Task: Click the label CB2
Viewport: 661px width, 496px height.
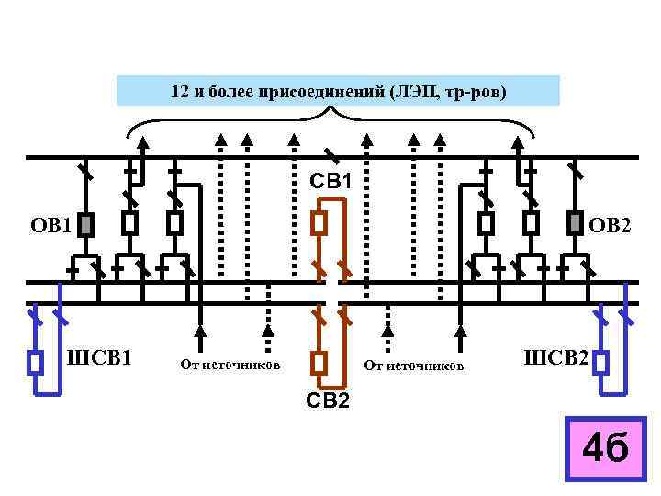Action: point(328,400)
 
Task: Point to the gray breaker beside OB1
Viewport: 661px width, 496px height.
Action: point(85,224)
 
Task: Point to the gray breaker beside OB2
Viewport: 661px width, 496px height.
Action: point(575,223)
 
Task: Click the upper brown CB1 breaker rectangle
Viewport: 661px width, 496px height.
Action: point(318,223)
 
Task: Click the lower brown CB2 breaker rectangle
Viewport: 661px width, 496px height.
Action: point(318,363)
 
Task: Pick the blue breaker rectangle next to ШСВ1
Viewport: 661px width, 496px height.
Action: point(36,362)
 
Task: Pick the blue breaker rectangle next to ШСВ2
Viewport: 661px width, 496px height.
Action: point(602,362)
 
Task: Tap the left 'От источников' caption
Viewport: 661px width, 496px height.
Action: point(230,366)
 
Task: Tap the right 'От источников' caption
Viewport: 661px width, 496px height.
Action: point(414,366)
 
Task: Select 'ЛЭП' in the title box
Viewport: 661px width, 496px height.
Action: point(413,93)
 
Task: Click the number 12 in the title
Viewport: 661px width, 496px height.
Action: point(180,93)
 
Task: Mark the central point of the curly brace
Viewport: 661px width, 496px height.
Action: point(330,112)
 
